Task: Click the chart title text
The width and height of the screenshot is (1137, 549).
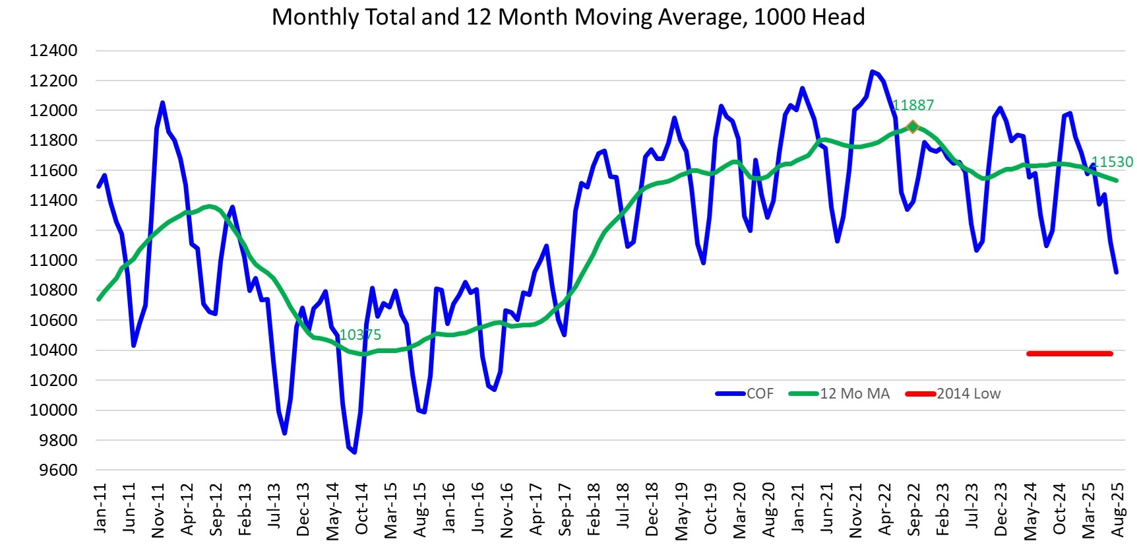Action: coord(568,16)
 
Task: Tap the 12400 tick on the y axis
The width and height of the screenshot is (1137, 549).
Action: coord(53,51)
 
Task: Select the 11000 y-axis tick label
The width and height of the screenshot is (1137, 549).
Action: coord(53,261)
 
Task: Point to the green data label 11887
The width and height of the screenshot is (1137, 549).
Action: coord(913,106)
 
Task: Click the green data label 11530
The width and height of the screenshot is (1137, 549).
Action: coord(1112,162)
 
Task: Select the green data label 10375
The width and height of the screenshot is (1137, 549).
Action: coord(360,335)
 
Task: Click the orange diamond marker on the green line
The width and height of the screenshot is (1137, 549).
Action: coord(913,127)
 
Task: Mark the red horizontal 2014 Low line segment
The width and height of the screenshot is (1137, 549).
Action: coord(1069,354)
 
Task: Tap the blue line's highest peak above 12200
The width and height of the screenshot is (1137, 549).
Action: coord(872,71)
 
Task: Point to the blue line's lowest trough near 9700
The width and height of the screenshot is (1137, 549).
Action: coord(354,452)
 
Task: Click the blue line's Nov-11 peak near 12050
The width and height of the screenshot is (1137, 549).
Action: coord(162,103)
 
